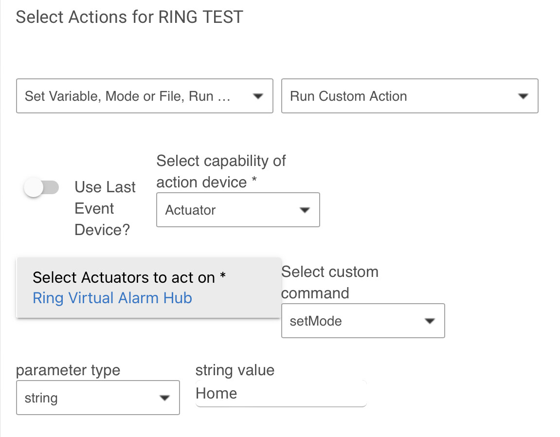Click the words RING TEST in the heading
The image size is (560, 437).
[x=200, y=18]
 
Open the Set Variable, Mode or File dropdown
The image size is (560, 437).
[x=145, y=96]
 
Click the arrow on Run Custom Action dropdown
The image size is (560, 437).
[x=523, y=96]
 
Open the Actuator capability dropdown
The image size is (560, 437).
[x=237, y=210]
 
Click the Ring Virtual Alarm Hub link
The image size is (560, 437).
[x=112, y=298]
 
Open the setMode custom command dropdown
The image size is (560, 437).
[x=362, y=321]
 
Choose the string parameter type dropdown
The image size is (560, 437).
[x=97, y=398]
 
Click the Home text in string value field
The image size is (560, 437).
[x=217, y=393]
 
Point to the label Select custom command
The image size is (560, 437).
[x=329, y=282]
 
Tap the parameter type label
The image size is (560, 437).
[x=68, y=370]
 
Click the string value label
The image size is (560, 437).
[x=235, y=370]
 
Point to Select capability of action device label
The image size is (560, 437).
[x=221, y=171]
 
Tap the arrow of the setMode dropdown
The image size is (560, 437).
[x=429, y=321]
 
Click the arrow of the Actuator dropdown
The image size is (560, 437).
[x=305, y=210]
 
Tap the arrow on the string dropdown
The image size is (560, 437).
[x=164, y=398]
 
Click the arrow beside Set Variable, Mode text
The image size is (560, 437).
[x=258, y=96]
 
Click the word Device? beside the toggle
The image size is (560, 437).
[x=102, y=230]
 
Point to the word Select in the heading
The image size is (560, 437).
[x=40, y=18]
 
